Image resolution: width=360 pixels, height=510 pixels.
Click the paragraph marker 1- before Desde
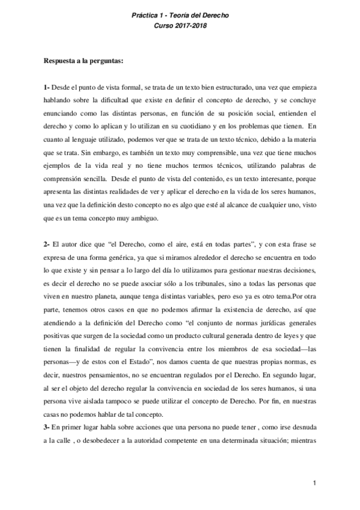pyautogui.click(x=46, y=87)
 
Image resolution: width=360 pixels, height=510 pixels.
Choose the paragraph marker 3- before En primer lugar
pyautogui.click(x=46, y=425)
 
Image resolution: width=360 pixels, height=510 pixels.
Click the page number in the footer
pyautogui.click(x=314, y=483)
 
